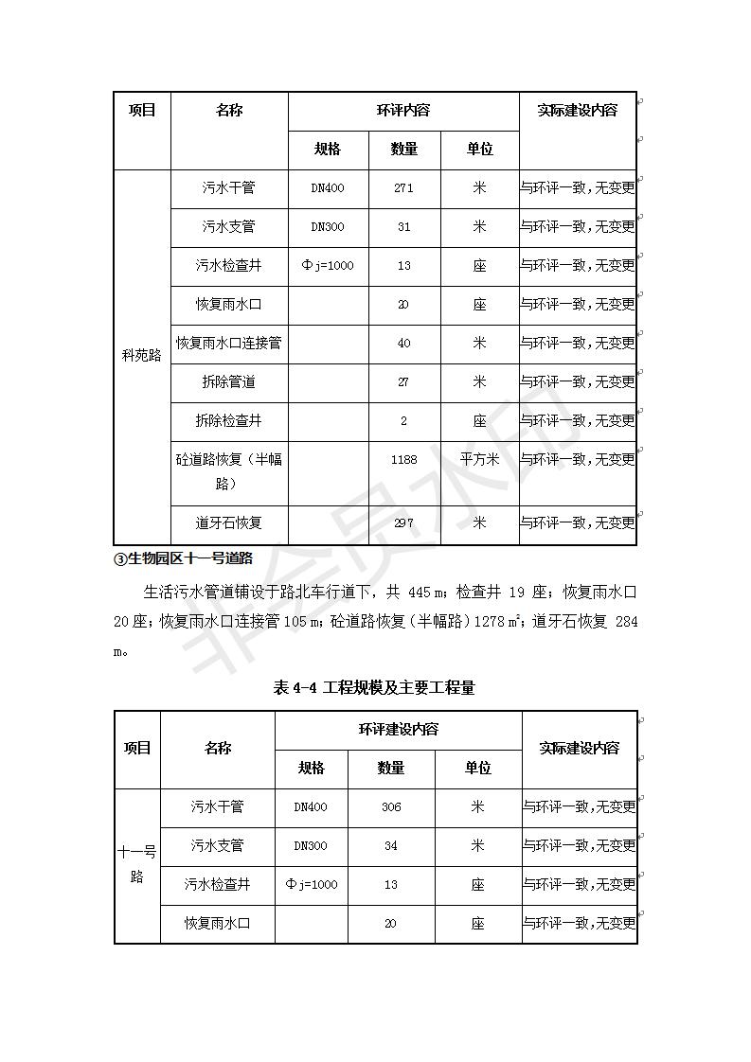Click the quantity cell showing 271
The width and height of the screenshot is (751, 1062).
403,188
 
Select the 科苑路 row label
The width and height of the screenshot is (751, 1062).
142,356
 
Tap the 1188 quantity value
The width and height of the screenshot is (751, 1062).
403,460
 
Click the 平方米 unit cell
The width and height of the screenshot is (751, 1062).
479,460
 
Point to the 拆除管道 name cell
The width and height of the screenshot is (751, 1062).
228,381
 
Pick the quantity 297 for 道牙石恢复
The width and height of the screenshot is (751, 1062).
403,522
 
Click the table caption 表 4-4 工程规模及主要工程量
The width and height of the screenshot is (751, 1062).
374,688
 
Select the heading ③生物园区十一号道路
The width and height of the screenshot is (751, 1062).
182,558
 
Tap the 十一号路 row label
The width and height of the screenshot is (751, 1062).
136,865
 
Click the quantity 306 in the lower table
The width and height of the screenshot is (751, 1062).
390,807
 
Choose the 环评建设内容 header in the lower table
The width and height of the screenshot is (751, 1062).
398,730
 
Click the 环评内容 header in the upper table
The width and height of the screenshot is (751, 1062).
403,111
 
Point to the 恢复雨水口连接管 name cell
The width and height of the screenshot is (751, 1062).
228,343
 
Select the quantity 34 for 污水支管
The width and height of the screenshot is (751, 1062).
390,846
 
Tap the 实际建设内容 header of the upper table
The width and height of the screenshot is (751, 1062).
577,111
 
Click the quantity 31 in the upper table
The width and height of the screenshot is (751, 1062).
403,227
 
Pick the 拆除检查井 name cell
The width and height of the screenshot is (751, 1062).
228,420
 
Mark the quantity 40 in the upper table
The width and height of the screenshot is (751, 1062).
403,343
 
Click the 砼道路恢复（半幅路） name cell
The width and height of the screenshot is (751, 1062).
228,471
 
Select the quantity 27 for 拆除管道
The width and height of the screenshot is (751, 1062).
403,381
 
